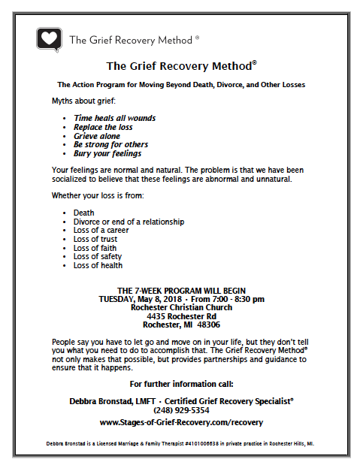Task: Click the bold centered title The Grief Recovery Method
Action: (180, 66)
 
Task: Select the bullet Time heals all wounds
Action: (114, 118)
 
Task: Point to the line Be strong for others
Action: (110, 144)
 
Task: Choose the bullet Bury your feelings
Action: (108, 153)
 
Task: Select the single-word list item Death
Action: (83, 213)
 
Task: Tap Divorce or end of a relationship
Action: (129, 222)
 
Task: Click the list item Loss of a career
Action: (101, 231)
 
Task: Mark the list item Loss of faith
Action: (95, 248)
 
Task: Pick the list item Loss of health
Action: (98, 265)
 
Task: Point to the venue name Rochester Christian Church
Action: (180, 307)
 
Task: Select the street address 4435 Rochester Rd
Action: (180, 316)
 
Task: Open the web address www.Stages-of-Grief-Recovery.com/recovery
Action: (180, 423)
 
